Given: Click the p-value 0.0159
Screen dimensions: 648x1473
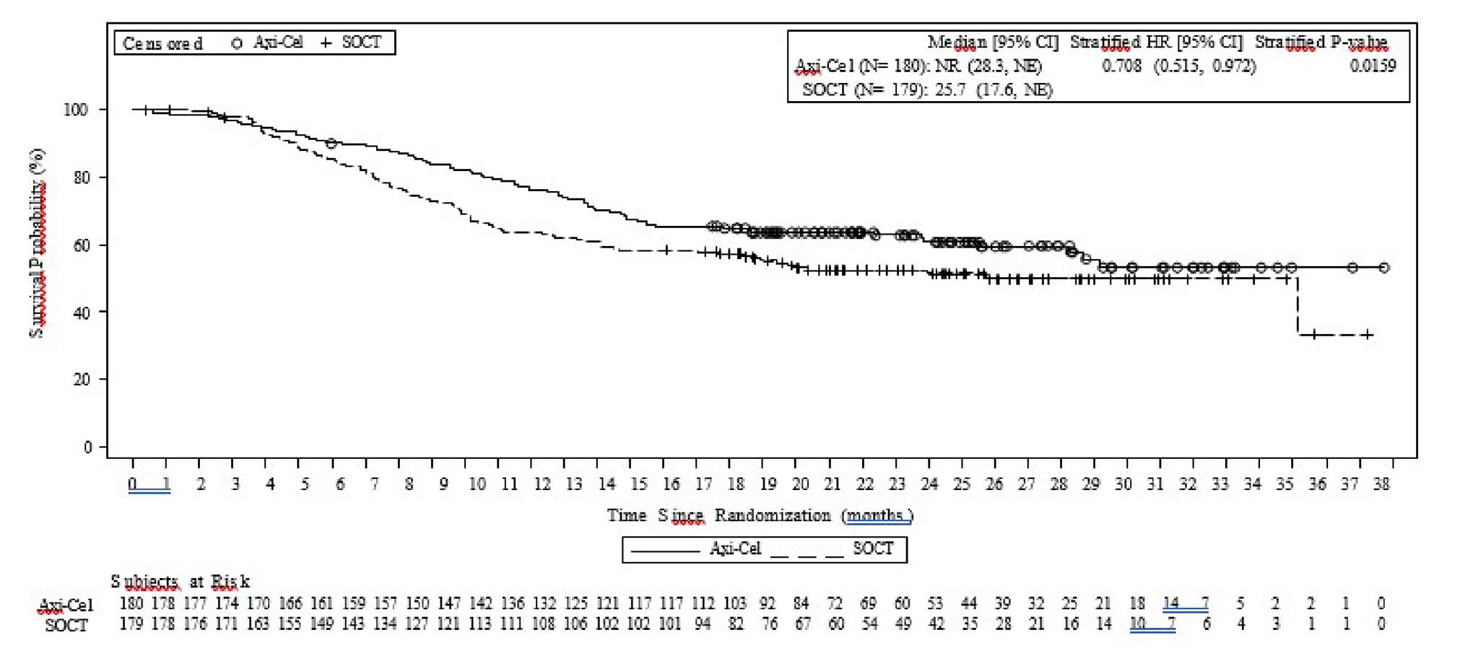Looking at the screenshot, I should tap(1372, 66).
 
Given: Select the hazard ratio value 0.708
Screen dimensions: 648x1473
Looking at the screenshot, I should tap(1121, 66).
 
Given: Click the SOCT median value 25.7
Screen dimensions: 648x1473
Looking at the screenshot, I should tap(950, 90).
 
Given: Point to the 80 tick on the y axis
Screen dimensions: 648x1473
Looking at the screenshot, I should tap(82, 178).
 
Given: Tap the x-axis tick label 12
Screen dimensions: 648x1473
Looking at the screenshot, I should tap(542, 484).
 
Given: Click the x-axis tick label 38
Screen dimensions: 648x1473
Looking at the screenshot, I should tap(1381, 484).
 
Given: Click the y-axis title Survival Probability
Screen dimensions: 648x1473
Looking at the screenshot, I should tap(37, 243).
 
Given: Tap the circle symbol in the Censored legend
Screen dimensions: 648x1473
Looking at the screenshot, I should tap(236, 43).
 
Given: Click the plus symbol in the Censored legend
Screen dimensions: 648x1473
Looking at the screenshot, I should tap(326, 43).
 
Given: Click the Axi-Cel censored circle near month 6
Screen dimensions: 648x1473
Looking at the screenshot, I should tap(331, 144).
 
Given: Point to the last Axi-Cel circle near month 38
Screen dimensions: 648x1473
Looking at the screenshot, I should tap(1383, 268).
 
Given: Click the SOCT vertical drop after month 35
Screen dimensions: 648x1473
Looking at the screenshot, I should tap(1298, 307).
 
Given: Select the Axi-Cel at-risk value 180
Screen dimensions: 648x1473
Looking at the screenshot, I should tap(131, 603).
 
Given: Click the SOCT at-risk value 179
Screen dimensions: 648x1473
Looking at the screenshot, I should tap(131, 623).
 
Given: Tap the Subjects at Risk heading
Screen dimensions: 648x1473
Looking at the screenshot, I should tap(180, 581).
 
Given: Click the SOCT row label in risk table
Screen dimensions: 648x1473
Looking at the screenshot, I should tap(66, 625).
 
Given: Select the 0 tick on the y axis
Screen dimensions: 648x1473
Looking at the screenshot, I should tap(87, 447).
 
